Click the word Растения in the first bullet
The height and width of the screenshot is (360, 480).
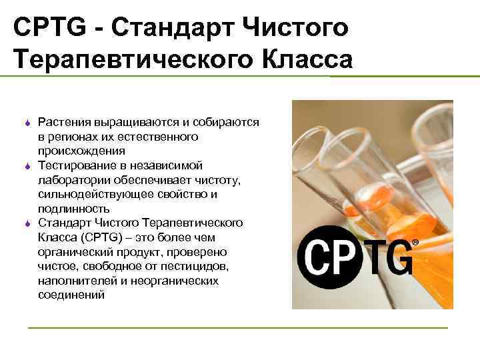pyautogui.click(x=64, y=123)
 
